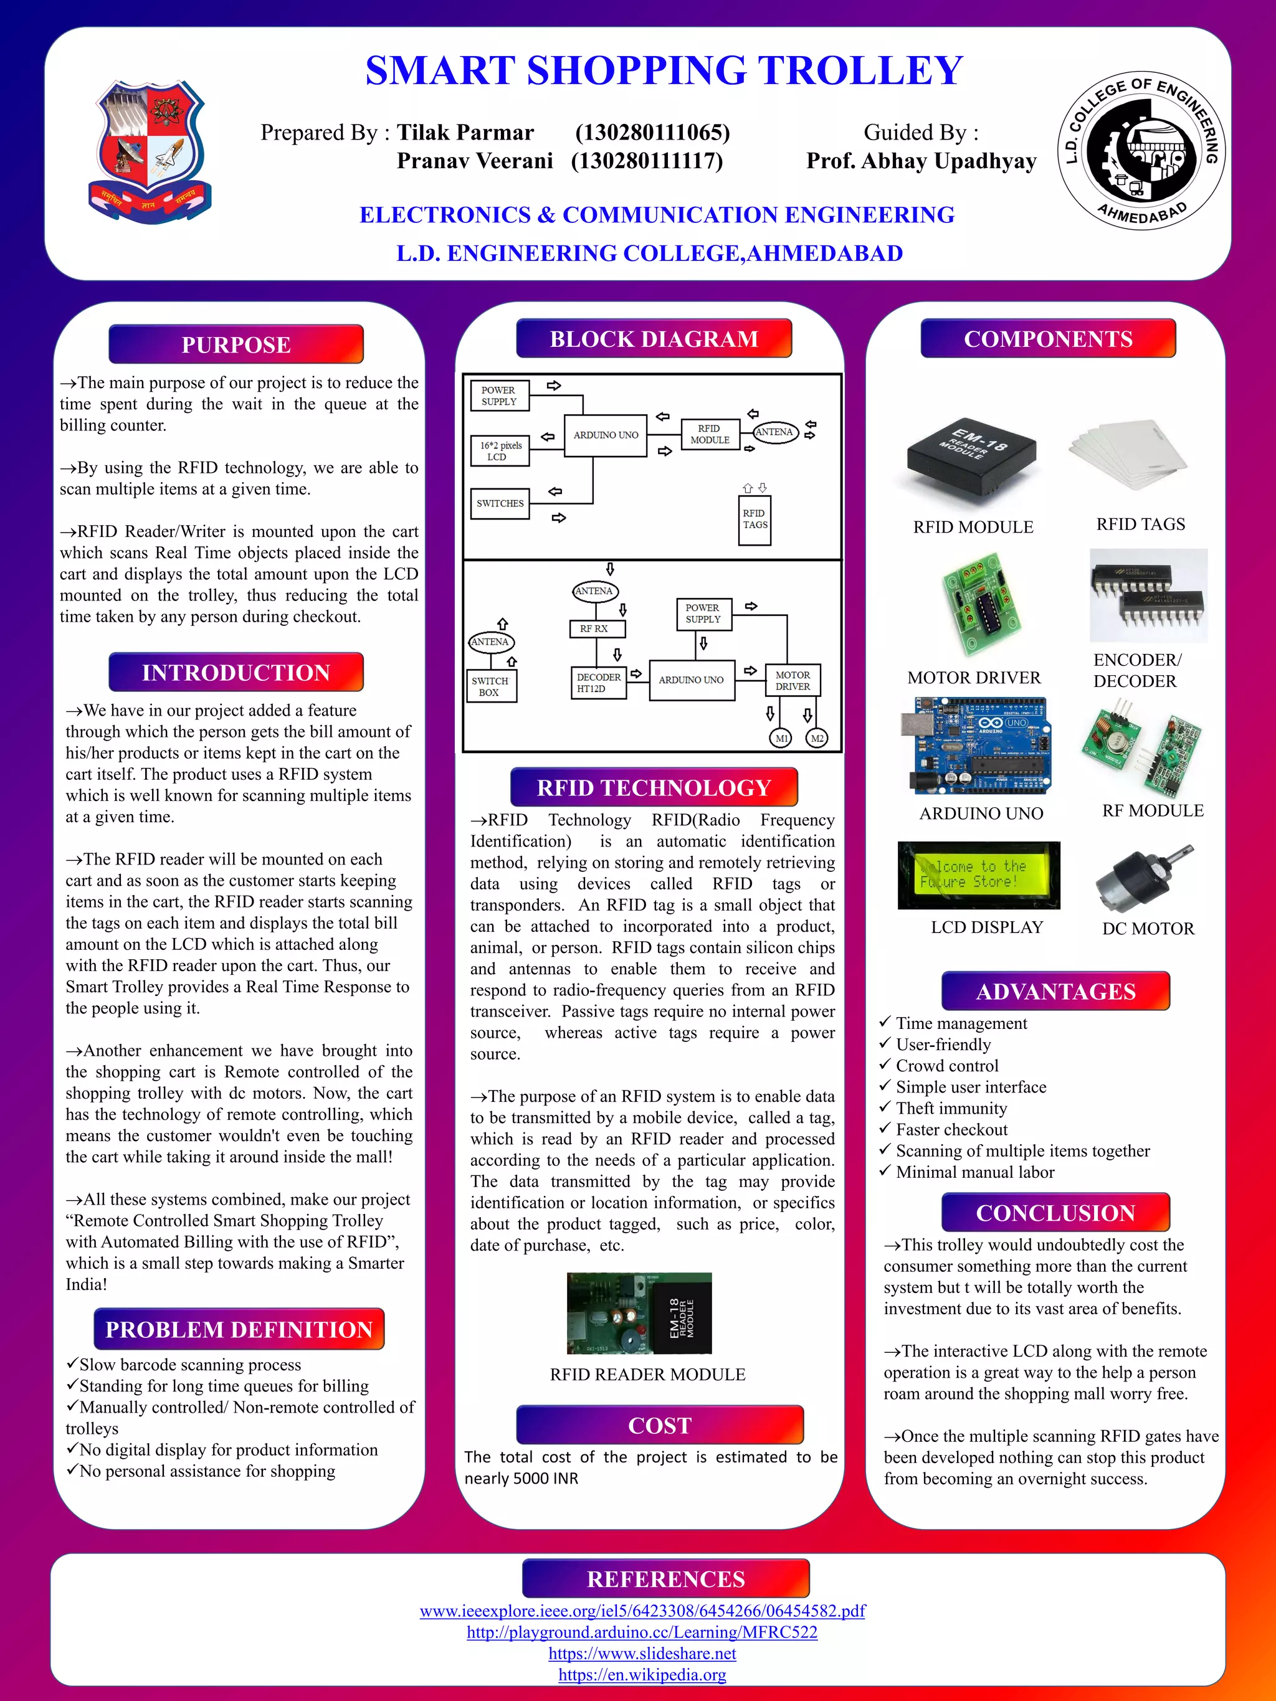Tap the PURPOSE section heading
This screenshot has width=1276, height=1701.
tap(236, 344)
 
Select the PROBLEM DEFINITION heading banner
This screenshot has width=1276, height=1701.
tap(239, 1330)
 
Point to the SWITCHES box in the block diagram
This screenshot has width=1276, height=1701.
tap(500, 504)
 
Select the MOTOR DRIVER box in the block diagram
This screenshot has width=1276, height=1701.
tap(793, 681)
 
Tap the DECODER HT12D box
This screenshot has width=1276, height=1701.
tap(598, 683)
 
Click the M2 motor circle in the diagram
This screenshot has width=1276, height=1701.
tap(817, 738)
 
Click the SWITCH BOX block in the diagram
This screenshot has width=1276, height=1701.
tap(491, 686)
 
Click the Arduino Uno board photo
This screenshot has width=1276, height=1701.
tap(974, 747)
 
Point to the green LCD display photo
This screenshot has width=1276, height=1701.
tap(978, 875)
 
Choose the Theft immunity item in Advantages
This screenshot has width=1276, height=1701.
tap(951, 1108)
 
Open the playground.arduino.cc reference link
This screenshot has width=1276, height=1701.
tap(642, 1632)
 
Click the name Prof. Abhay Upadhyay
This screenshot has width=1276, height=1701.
tap(921, 161)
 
